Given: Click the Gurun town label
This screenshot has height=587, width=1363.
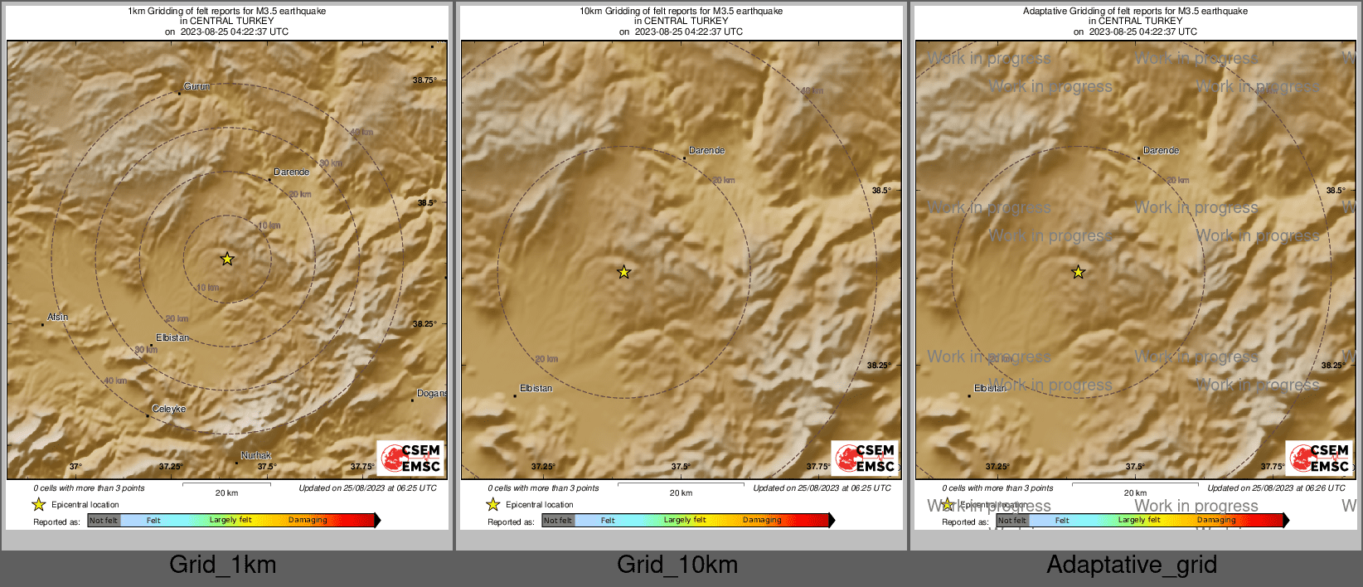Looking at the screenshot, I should pos(196,86).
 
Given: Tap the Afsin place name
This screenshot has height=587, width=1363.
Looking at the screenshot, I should pos(57,317).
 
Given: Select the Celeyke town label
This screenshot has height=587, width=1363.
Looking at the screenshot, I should pos(169,409).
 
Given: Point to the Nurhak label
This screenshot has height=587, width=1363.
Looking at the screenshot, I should pos(256,455).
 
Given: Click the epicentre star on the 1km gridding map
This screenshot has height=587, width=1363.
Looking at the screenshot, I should pos(227,259).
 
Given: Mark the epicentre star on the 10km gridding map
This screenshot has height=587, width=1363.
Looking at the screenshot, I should pos(624,272).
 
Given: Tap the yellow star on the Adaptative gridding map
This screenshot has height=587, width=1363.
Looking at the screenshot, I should pos(1079,272).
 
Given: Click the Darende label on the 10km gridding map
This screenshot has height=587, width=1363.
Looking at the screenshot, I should pos(707,150).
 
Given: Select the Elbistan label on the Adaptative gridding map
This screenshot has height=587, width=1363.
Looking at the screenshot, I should pos(990,388).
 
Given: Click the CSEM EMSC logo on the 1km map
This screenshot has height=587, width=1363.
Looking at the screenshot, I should pos(411,458).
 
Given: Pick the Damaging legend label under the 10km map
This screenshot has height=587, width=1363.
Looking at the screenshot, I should pos(762,520).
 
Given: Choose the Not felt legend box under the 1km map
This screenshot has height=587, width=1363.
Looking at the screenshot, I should pos(104,521).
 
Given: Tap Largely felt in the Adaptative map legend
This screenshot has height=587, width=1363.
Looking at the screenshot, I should pos(1139,520).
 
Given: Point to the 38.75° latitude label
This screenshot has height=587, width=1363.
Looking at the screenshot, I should pos(424,80).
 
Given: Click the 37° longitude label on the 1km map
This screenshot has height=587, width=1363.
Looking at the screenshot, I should pos(75,467).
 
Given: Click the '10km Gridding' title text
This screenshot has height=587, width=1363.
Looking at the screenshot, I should pos(681,12).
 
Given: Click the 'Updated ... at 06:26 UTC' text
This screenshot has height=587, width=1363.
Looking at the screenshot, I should pos(1276,488).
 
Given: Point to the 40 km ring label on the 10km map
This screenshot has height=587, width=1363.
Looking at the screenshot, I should pos(812,91).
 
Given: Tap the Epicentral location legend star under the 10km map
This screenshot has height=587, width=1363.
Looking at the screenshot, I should pos(493,504).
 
